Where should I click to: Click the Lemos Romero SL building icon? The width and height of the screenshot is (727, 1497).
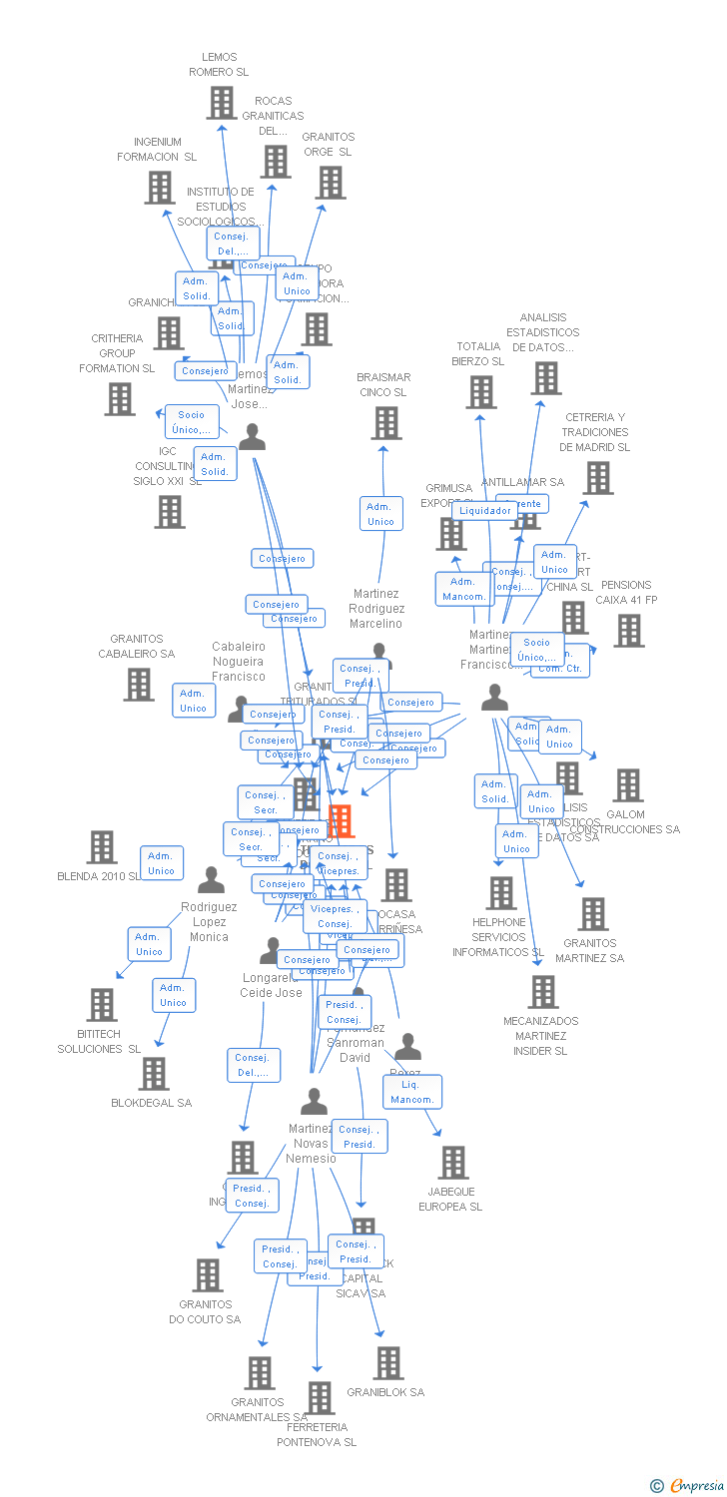tap(221, 102)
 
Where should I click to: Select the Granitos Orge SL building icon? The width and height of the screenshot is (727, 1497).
tap(331, 182)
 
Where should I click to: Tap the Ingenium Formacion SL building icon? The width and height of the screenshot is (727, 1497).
tap(160, 187)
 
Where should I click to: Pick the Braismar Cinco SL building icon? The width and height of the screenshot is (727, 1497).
tap(385, 422)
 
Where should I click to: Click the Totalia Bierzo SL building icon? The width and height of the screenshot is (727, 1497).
tap(480, 392)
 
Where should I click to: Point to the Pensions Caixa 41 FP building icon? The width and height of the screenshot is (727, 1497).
tap(628, 630)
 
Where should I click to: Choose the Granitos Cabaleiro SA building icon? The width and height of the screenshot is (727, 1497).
tap(139, 684)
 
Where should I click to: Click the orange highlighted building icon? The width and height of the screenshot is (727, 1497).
tap(341, 820)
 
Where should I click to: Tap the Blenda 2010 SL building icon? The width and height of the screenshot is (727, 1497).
tap(102, 846)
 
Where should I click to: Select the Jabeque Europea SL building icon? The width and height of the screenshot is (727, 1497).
tap(453, 1162)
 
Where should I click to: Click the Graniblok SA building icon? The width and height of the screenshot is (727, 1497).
tap(387, 1362)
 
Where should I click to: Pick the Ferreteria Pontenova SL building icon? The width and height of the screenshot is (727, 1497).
tap(320, 1397)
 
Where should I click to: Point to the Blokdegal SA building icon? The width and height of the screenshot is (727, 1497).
tap(153, 1073)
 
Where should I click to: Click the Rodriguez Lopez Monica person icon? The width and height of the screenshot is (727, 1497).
tap(211, 880)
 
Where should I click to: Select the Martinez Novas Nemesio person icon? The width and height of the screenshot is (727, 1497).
tap(314, 1102)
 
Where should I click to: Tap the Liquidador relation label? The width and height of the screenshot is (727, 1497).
tap(485, 510)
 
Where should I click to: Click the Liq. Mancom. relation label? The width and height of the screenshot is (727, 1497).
tap(412, 1092)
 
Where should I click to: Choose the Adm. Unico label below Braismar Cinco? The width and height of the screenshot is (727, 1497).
tap(380, 514)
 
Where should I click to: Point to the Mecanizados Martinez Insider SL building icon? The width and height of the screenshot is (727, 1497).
tap(542, 991)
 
